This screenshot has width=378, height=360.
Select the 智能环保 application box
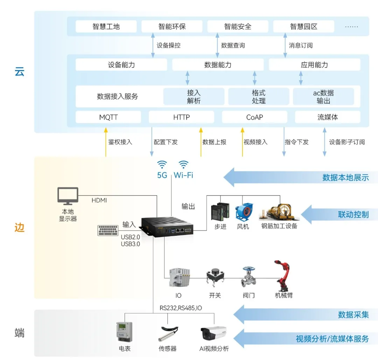tap(172, 27)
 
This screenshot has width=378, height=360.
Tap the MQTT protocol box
tap(108, 117)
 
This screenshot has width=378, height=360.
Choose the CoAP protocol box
tap(254, 117)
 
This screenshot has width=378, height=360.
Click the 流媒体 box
tap(328, 117)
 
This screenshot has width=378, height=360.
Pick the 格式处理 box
tap(259, 97)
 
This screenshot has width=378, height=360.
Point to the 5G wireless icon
tap(162, 164)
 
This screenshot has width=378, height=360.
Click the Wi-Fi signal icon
tap(184, 164)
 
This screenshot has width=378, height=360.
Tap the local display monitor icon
tap(68, 196)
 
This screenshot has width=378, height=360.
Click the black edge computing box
tap(167, 227)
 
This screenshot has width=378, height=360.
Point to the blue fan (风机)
tap(244, 212)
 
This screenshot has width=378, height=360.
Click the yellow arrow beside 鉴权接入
tap(105, 142)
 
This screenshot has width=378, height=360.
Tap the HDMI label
tap(99, 200)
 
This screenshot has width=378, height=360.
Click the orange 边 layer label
tap(20, 227)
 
